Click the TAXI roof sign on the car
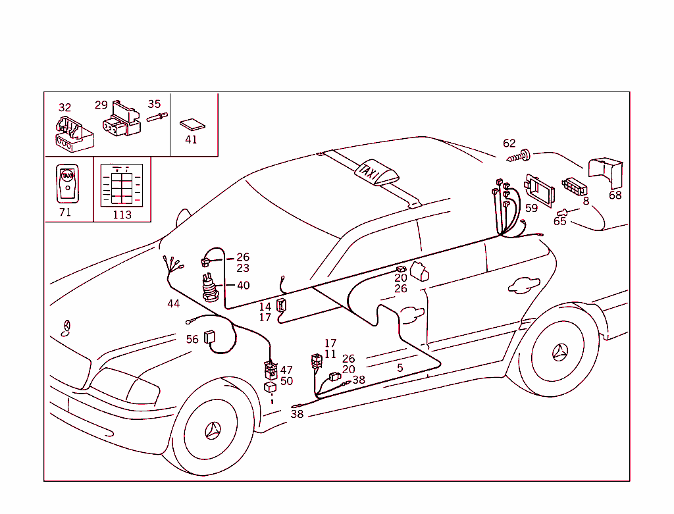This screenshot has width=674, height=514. pyautogui.click(x=376, y=172)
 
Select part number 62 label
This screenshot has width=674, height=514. pyautogui.click(x=509, y=143)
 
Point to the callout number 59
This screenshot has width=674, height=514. pyautogui.click(x=531, y=208)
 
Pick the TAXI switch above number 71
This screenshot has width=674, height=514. pyautogui.click(x=66, y=182)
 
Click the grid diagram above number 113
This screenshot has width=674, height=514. pyautogui.click(x=122, y=186)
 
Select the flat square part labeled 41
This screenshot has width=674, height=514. pyautogui.click(x=192, y=124)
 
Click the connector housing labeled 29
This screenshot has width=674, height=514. pyautogui.click(x=122, y=120)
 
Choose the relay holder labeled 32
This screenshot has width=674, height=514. pyautogui.click(x=72, y=132)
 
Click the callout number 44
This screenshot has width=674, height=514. pyautogui.click(x=173, y=303)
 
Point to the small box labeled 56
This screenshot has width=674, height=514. pyautogui.click(x=211, y=337)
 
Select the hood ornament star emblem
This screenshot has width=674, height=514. pyautogui.click(x=66, y=328)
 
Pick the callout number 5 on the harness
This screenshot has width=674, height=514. pyautogui.click(x=400, y=368)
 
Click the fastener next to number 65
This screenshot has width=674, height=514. pyautogui.click(x=562, y=212)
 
